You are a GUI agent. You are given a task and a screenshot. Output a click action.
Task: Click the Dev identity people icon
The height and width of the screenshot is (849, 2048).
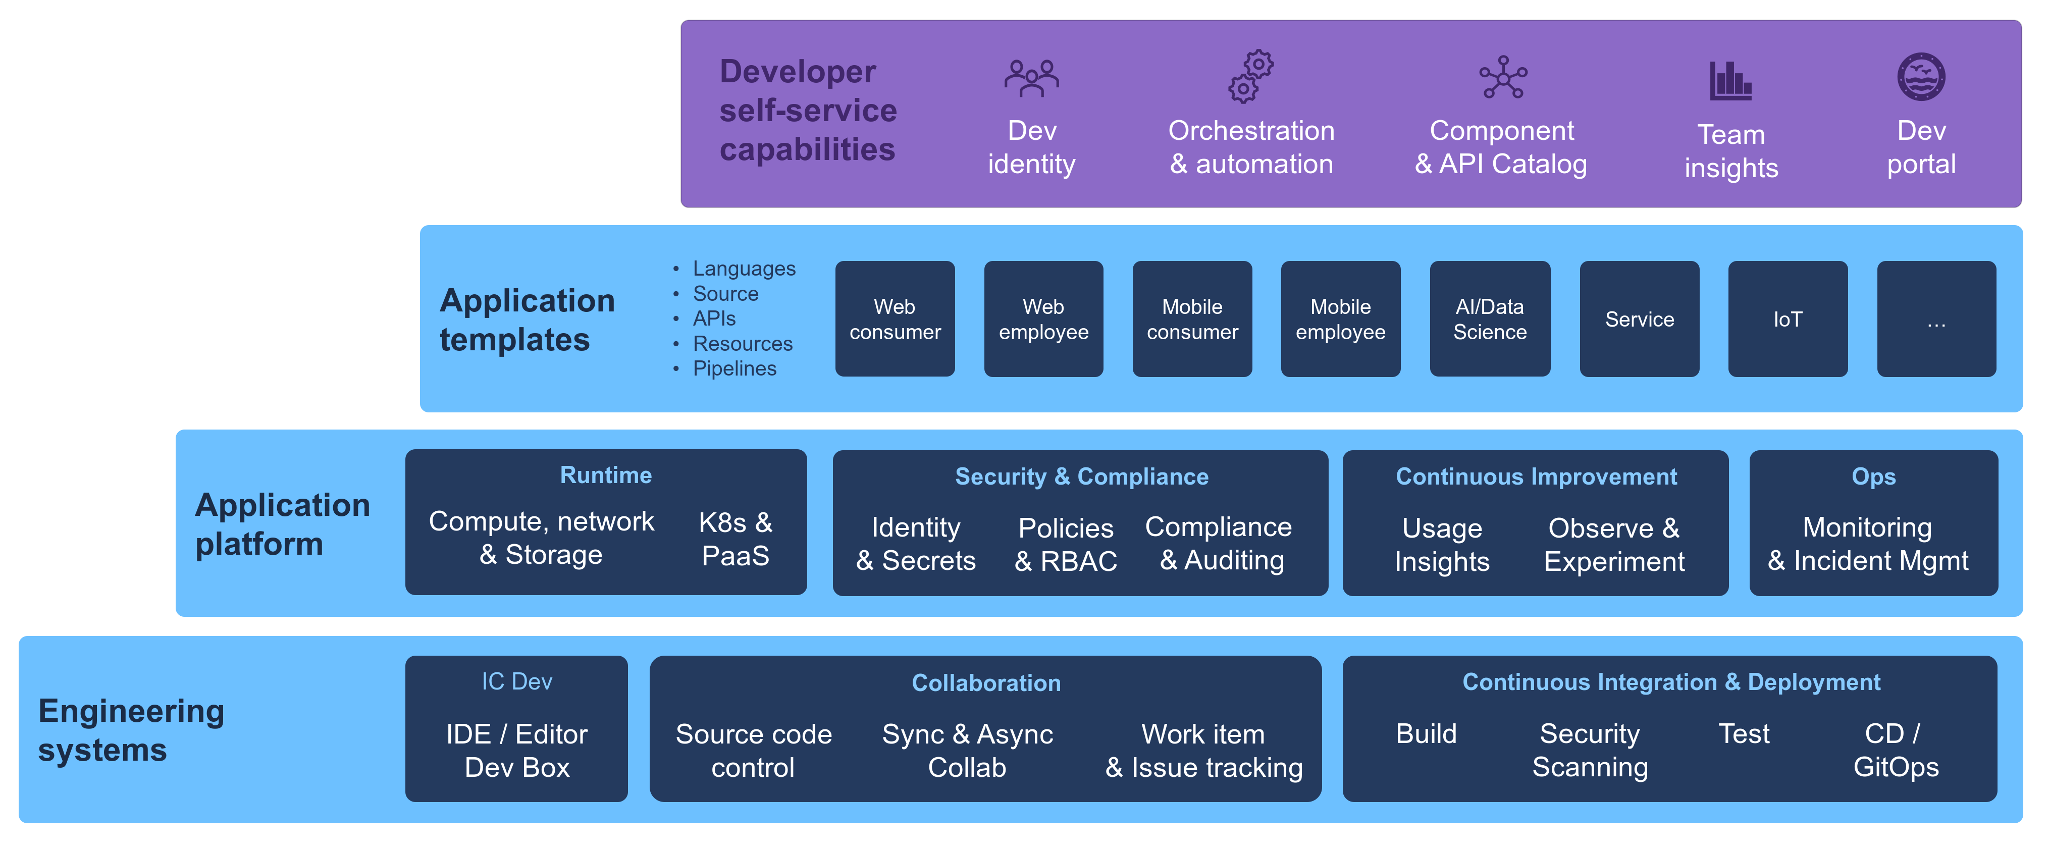[1031, 78]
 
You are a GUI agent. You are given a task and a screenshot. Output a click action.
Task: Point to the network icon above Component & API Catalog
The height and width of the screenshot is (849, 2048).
[1503, 77]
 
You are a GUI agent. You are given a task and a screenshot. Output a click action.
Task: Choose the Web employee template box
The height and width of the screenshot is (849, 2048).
[1043, 319]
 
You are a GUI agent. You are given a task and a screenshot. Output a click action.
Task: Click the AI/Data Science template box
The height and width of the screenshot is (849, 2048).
[1489, 319]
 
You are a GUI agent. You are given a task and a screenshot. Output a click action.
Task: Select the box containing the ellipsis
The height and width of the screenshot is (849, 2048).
[1936, 319]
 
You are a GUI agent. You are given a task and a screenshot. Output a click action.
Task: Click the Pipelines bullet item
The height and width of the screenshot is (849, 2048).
[734, 369]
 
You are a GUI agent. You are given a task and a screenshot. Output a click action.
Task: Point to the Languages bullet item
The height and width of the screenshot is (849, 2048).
[744, 269]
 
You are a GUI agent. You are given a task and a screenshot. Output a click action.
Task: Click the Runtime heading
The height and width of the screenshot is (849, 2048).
[606, 475]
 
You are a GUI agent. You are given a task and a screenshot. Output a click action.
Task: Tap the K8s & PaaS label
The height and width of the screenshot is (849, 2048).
[736, 539]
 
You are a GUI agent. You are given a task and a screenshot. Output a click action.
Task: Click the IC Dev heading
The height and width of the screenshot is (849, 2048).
[517, 681]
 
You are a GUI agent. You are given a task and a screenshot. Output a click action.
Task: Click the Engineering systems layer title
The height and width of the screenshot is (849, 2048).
[131, 730]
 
